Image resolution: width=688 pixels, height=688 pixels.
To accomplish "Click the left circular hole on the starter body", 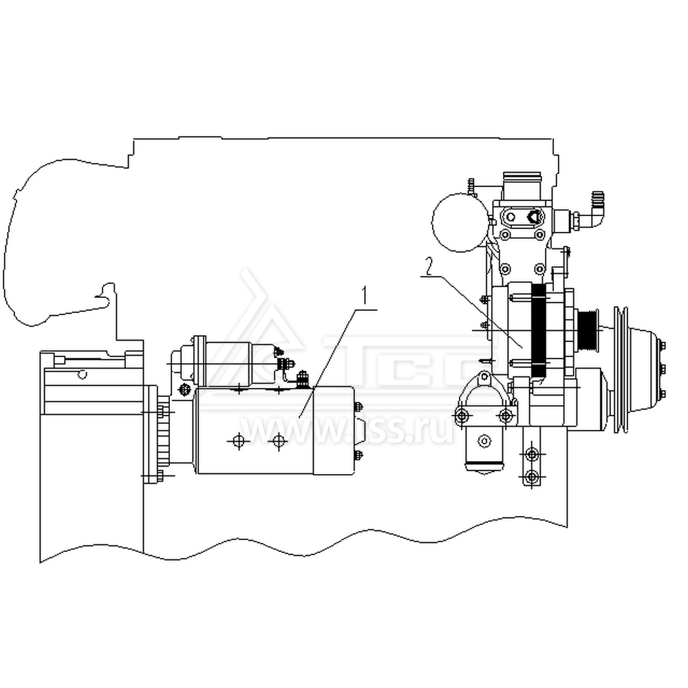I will (x=238, y=441).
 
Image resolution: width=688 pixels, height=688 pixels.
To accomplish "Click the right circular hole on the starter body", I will (x=278, y=441).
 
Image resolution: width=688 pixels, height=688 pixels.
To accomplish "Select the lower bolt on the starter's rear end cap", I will (x=358, y=454).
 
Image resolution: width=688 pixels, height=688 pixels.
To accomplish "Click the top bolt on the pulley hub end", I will (x=662, y=345).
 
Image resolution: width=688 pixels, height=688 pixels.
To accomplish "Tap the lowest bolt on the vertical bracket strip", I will (x=530, y=476).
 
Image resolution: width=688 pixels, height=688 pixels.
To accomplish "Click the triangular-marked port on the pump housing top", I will (x=533, y=217).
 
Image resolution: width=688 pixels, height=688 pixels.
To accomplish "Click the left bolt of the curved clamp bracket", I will (x=461, y=415).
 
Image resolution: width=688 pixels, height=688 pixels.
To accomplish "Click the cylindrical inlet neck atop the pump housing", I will (x=525, y=184).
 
